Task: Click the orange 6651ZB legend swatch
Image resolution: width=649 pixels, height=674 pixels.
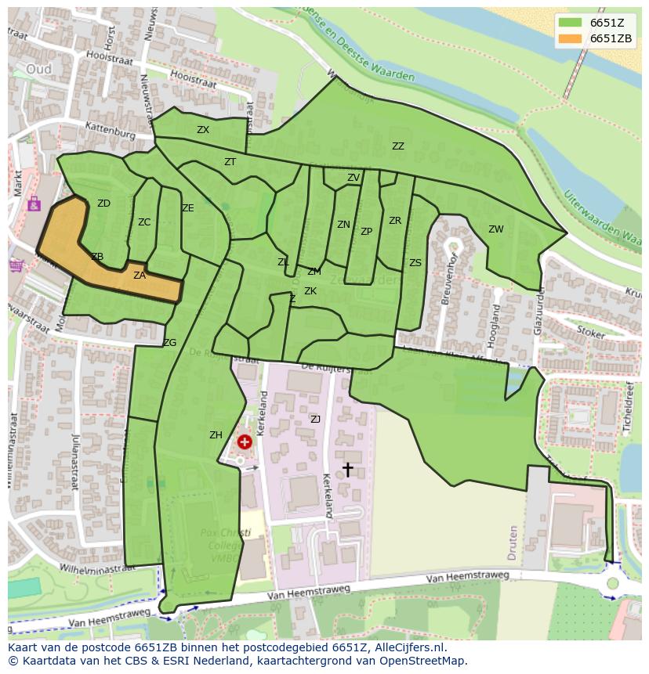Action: click(571, 39)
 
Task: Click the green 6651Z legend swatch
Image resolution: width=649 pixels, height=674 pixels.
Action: click(571, 23)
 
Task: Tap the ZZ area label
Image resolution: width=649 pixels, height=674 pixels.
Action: click(398, 146)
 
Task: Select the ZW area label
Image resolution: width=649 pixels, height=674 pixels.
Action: click(496, 229)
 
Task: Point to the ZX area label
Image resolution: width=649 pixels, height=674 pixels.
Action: click(203, 130)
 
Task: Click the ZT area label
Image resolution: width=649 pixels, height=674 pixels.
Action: click(230, 162)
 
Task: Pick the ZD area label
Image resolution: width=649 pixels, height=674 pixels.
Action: click(103, 204)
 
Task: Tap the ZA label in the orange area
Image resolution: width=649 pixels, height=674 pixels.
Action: click(140, 276)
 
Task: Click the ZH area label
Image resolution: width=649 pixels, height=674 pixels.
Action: click(216, 435)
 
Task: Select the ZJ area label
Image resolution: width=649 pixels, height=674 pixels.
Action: click(315, 420)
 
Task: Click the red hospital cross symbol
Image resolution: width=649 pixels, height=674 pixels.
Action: click(245, 442)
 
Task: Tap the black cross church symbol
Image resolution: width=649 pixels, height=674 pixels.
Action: click(347, 469)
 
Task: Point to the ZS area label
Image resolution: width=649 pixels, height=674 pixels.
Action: click(415, 263)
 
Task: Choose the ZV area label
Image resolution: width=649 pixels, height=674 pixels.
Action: click(354, 178)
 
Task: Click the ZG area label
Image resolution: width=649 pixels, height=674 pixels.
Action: click(169, 343)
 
